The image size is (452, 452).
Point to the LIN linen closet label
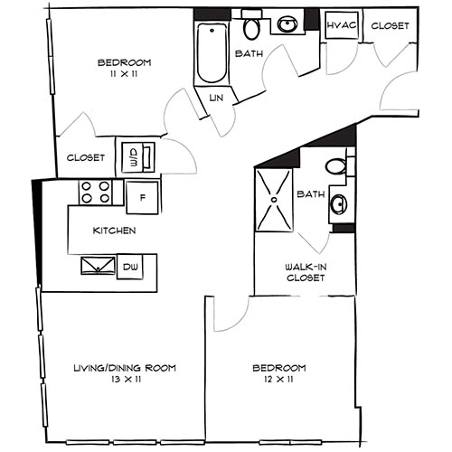pos(216,97)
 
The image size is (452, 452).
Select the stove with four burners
pos(95,193)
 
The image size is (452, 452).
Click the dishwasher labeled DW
pos(132,267)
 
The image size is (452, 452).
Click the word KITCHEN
pos(114,231)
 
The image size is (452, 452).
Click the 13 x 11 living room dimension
pos(123,381)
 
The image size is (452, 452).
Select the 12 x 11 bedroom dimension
pos(279,381)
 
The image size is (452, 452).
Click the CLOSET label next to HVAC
pos(390,25)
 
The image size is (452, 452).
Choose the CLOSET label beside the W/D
pos(86,157)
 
